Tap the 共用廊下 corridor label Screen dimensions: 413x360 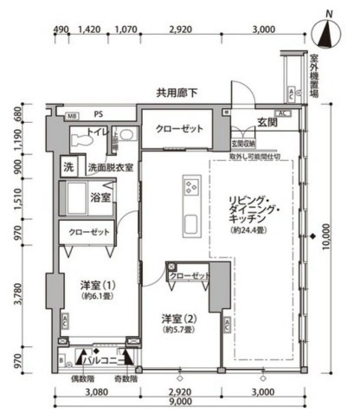(177, 91)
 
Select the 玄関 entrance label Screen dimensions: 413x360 (267, 124)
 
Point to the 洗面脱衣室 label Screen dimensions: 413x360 (107, 167)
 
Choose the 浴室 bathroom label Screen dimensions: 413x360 (100, 197)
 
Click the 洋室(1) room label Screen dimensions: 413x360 (98, 284)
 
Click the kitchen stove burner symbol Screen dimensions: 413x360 (190, 186)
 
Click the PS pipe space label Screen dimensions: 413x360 (98, 113)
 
